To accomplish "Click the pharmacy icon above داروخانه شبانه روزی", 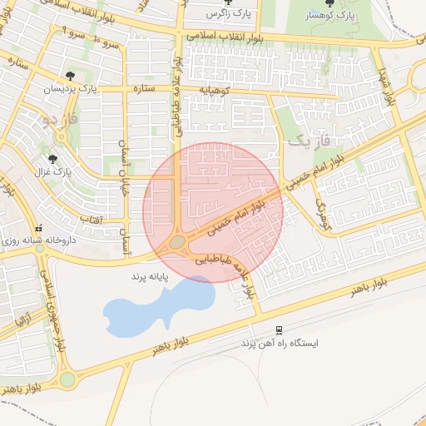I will [x=37, y=229].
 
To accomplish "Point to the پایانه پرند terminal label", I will [x=150, y=275].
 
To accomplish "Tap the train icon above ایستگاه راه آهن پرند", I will [x=278, y=329].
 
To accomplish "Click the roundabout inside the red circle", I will [x=177, y=243].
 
